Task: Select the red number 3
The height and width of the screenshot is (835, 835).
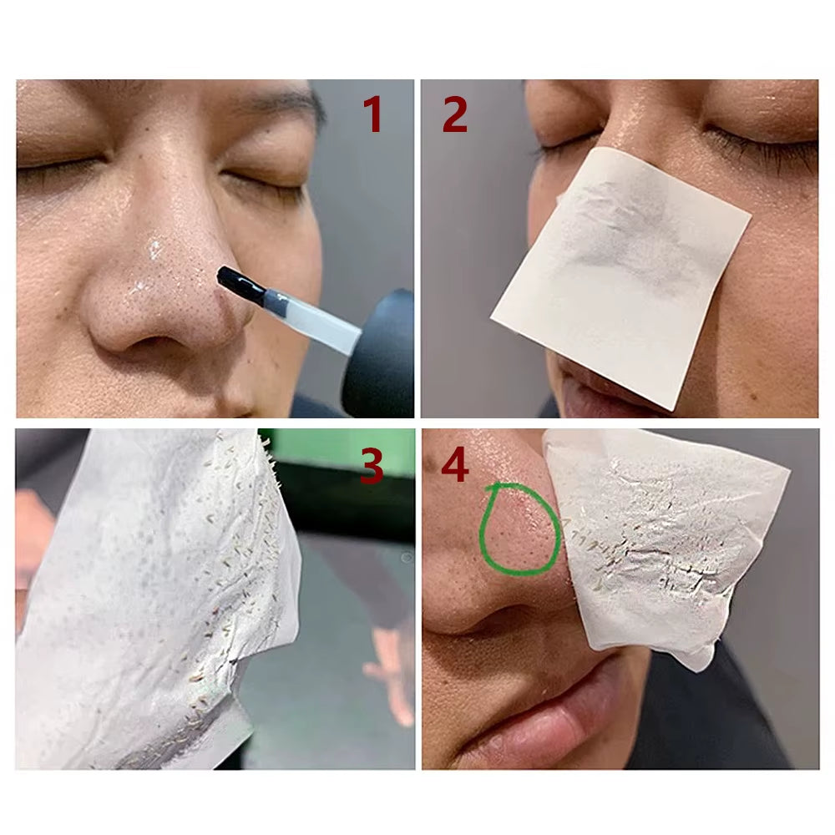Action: click(x=371, y=467)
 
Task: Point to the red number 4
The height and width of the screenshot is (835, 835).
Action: click(x=454, y=467)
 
